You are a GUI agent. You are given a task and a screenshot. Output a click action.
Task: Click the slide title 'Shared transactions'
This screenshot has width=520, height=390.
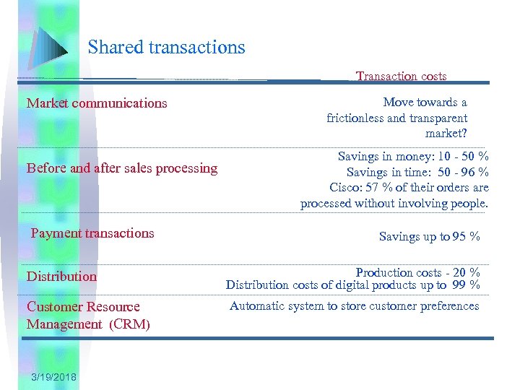(x=167, y=48)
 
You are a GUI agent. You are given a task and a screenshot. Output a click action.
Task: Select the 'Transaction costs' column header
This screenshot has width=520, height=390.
(x=402, y=76)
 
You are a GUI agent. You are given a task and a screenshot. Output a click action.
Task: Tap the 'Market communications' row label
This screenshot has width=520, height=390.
(x=97, y=103)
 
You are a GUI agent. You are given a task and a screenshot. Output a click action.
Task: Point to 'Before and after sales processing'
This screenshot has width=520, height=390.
(x=122, y=168)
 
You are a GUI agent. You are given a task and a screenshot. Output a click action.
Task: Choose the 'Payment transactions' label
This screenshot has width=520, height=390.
(x=92, y=233)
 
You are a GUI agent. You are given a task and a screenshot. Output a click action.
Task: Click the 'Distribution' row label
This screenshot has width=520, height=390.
(x=61, y=277)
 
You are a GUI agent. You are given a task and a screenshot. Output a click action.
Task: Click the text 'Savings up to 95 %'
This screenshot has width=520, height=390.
(x=429, y=237)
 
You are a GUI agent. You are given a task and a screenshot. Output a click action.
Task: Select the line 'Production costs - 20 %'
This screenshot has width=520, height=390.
(x=417, y=272)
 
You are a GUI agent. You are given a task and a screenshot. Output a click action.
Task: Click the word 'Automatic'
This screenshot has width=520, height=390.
(x=256, y=306)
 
